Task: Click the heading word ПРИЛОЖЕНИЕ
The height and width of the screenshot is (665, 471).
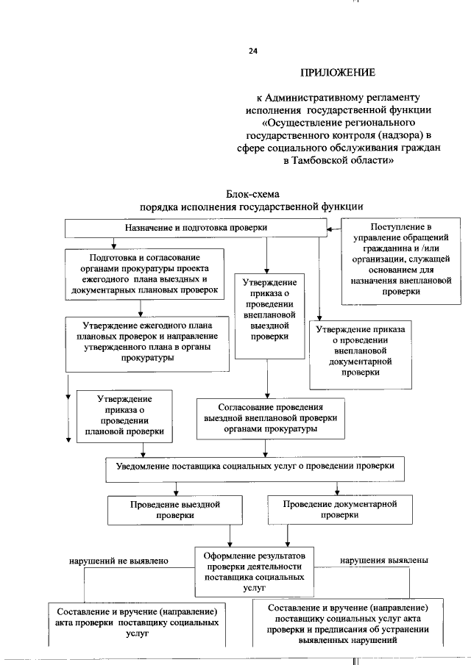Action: click(338, 73)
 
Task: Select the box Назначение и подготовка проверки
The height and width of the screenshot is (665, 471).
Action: click(195, 228)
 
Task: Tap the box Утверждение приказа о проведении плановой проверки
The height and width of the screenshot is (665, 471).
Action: click(124, 415)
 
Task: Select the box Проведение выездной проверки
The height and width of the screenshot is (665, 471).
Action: click(174, 510)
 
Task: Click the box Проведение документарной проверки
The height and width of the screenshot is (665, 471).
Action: click(339, 509)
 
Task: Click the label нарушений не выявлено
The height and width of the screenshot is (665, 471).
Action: click(119, 561)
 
